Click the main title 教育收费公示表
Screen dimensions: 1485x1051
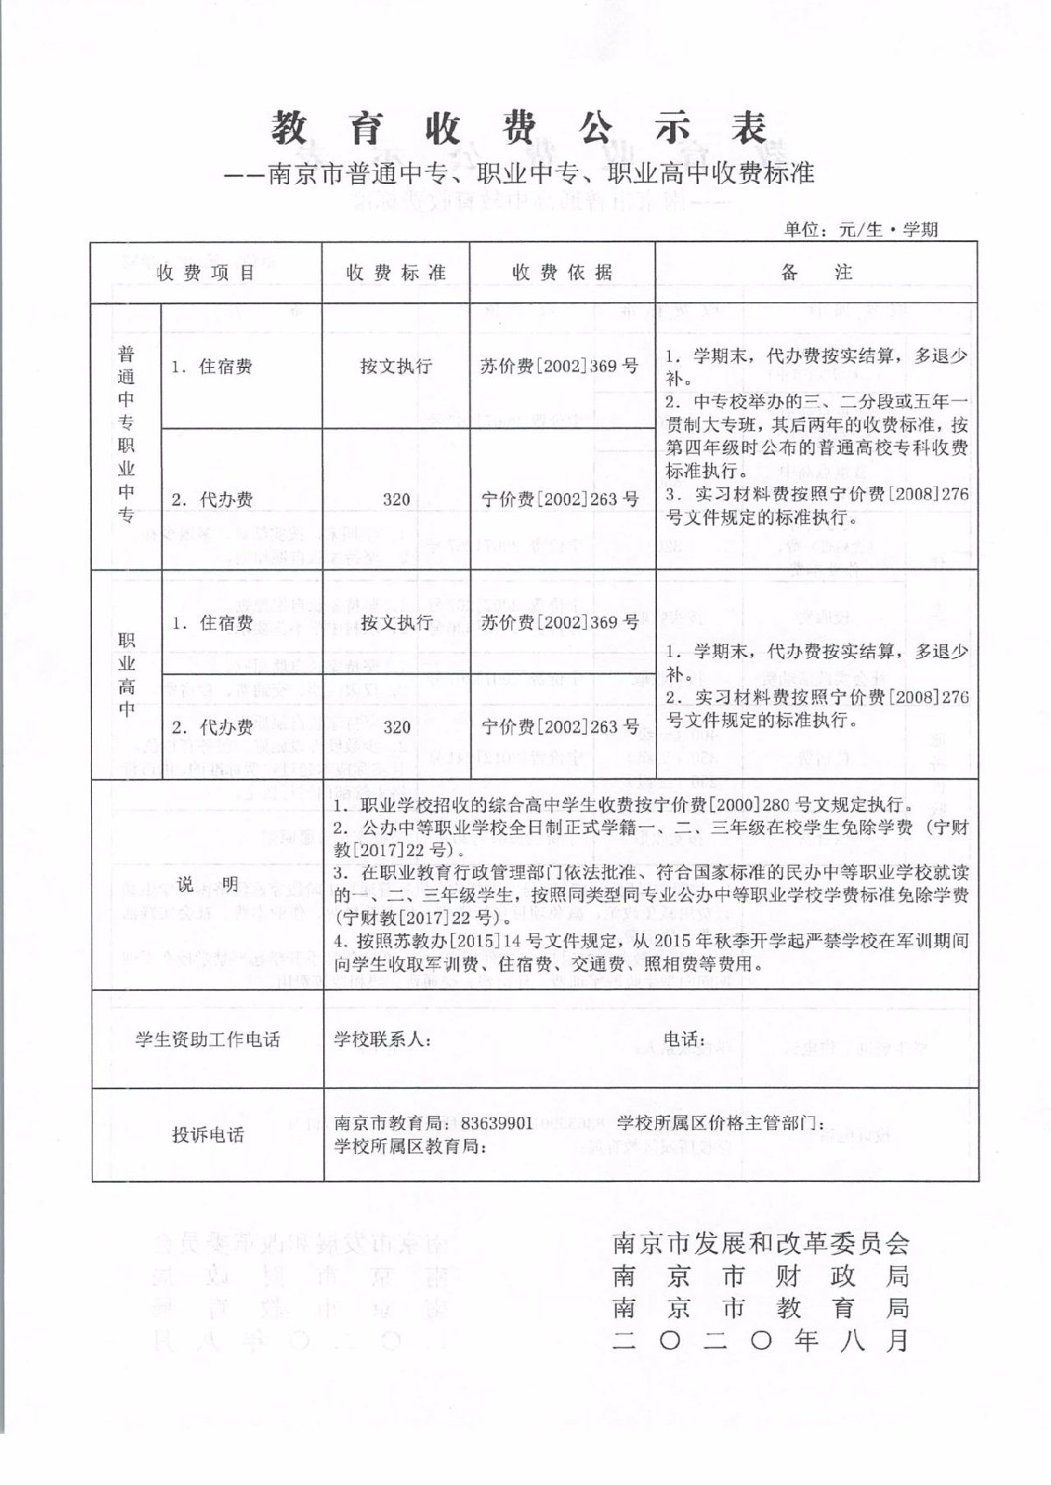coord(522,130)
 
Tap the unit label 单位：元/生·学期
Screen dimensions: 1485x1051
coord(862,230)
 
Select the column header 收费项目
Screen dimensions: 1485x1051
coord(207,272)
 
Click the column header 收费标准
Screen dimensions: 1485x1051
coord(396,272)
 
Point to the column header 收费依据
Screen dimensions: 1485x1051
coord(561,272)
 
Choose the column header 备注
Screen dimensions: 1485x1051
coord(816,272)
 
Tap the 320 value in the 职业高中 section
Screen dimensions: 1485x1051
coord(396,726)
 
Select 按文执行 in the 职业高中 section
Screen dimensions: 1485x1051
coord(396,622)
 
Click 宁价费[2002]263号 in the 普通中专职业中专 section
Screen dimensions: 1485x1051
coord(561,499)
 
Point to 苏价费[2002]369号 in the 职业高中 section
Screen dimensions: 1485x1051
coord(561,622)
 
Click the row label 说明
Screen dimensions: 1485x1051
coord(207,886)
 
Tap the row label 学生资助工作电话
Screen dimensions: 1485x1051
coord(207,1039)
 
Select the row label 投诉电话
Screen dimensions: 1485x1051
coord(207,1135)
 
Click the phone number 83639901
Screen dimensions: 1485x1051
coord(497,1123)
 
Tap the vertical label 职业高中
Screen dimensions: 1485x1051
coord(127,674)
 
